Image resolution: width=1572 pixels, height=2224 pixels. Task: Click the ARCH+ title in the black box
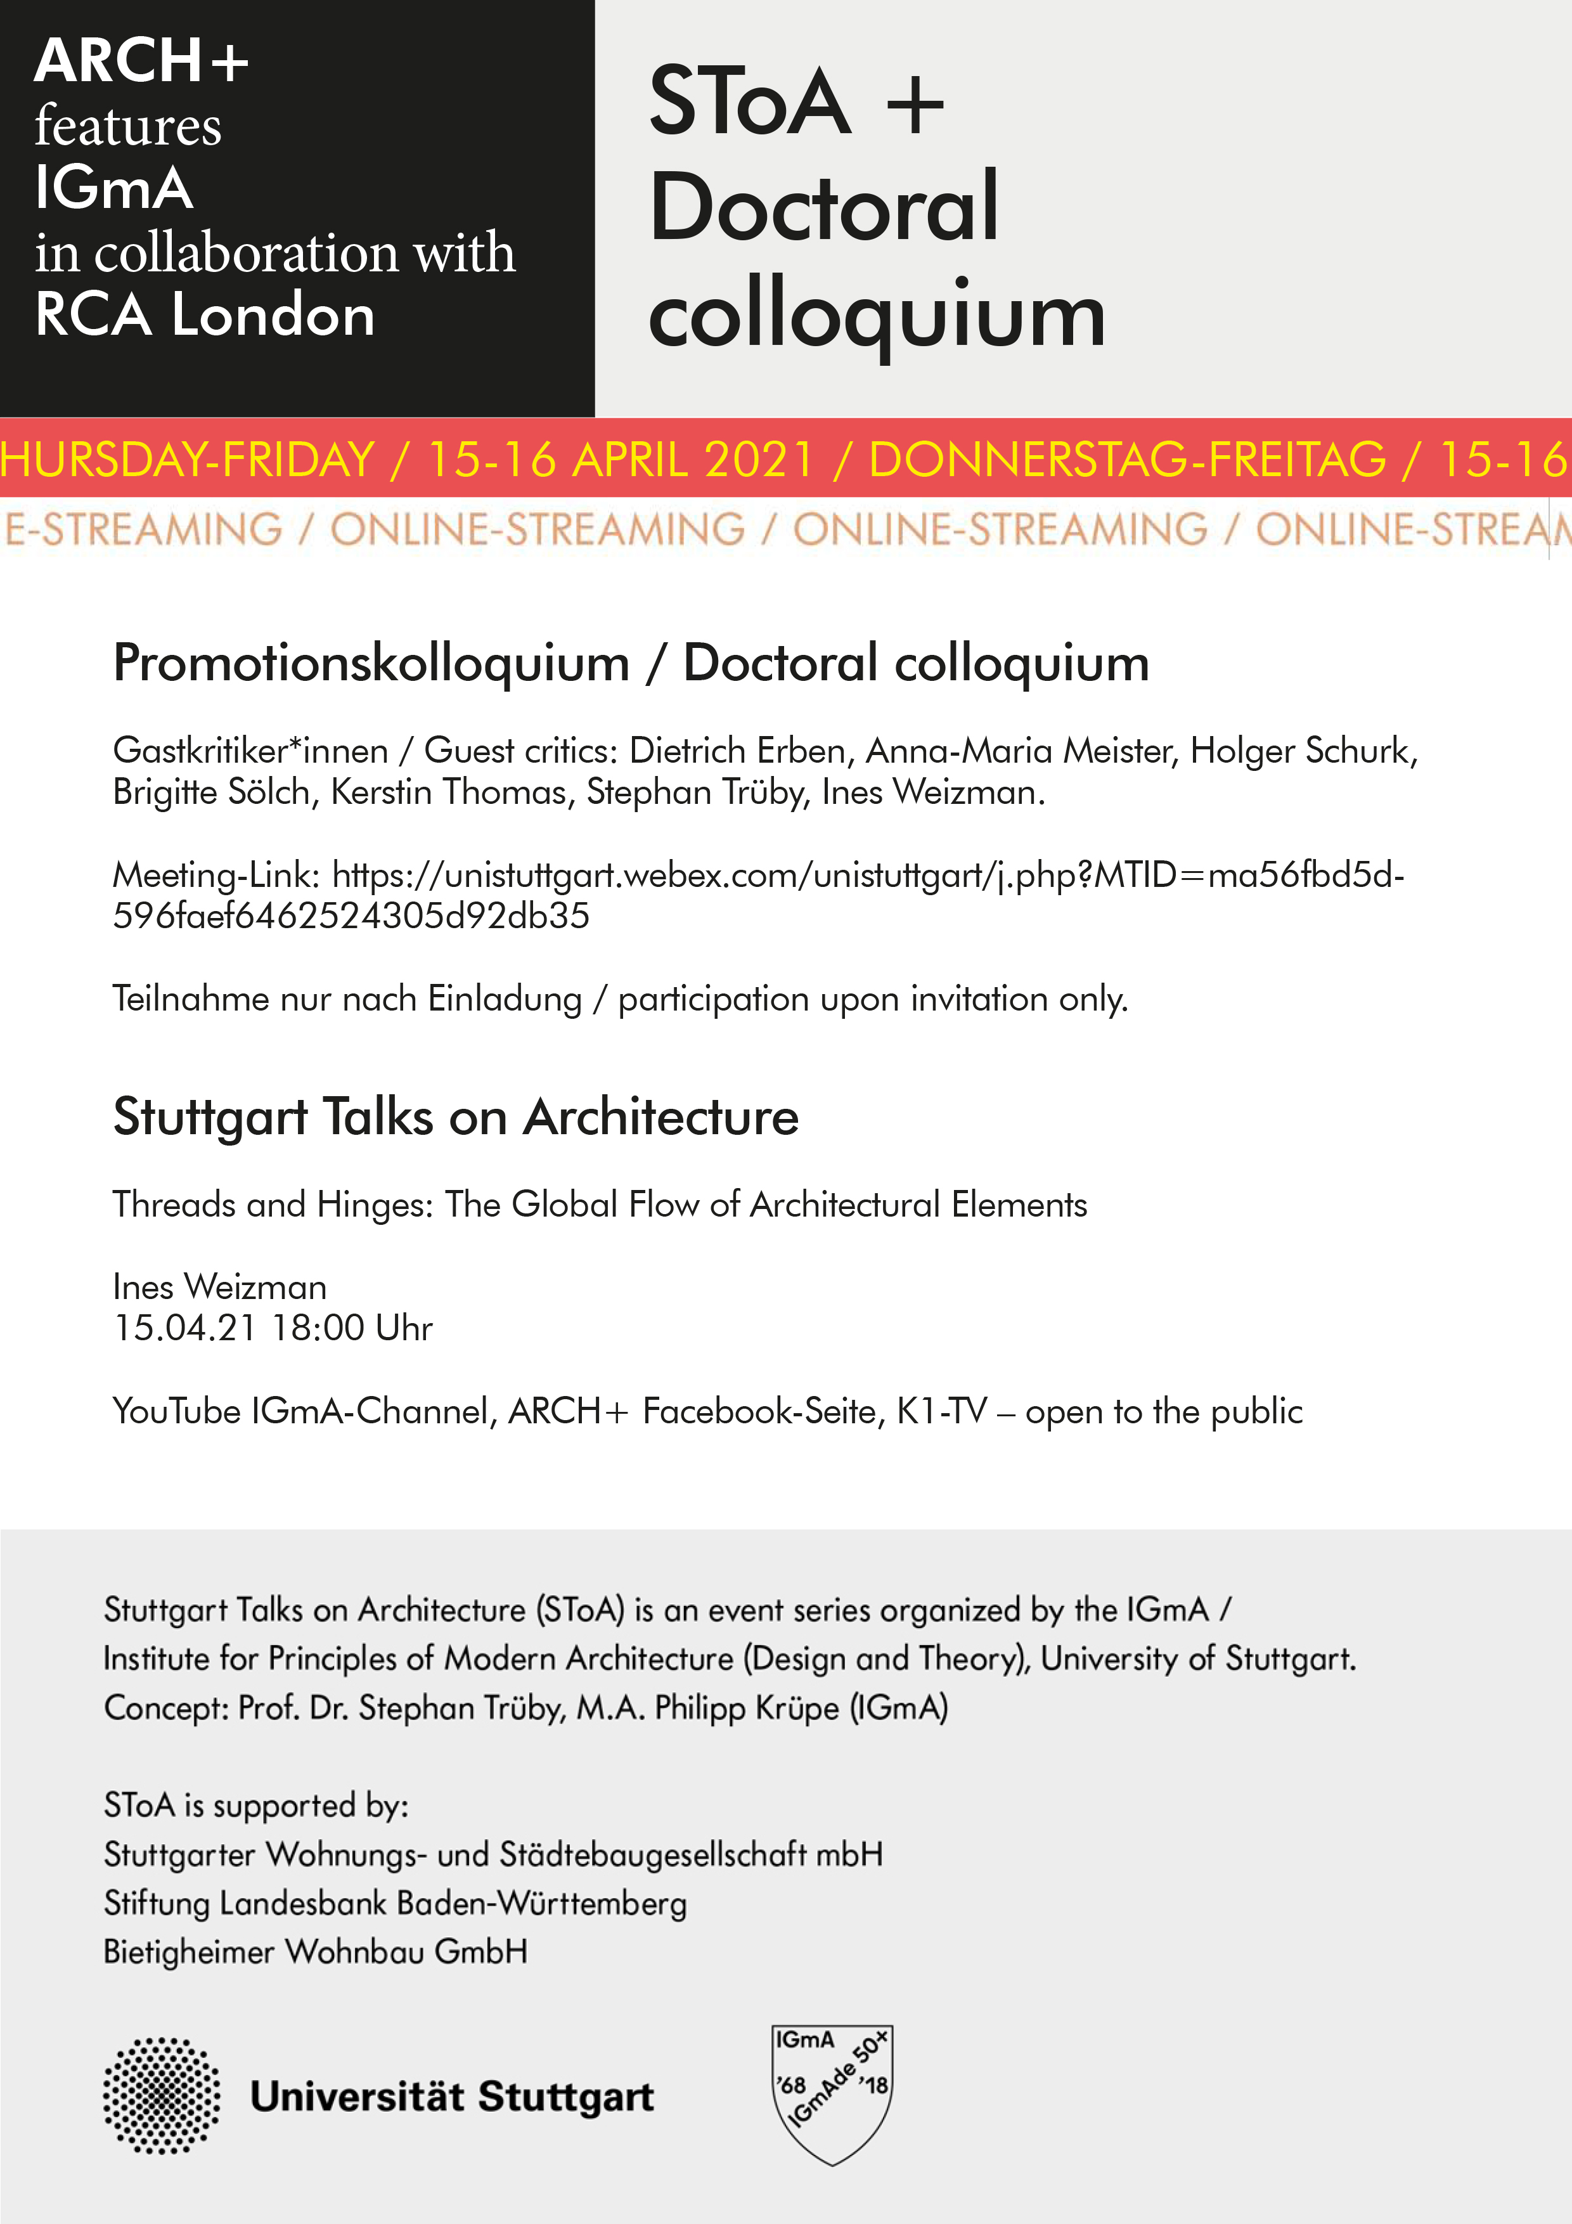[141, 61]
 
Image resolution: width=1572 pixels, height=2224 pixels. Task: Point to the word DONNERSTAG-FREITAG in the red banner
[1126, 459]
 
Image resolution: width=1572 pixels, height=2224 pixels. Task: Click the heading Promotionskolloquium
[371, 664]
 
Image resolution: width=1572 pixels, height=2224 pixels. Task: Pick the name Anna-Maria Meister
[1021, 751]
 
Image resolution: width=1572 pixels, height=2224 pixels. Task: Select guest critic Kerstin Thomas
[453, 792]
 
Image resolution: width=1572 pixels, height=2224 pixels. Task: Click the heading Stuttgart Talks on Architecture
[455, 1117]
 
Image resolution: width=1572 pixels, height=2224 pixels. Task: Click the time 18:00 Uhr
[352, 1328]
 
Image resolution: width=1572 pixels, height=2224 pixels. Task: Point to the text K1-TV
[941, 1411]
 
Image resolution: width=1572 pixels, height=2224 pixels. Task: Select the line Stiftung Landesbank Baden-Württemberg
[395, 1903]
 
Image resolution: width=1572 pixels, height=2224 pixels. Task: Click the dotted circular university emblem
[162, 2095]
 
